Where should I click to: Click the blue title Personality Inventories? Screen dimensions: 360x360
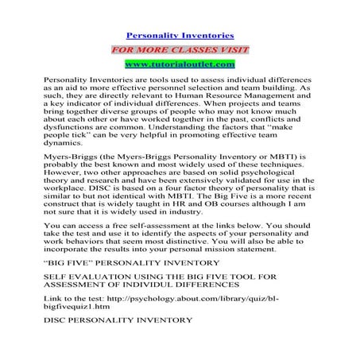tap(180, 36)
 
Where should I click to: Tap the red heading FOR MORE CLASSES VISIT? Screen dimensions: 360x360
tap(180, 48)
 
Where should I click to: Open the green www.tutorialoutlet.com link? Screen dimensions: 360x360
tap(180, 63)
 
